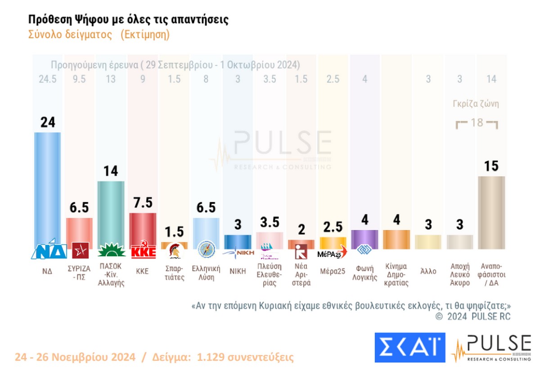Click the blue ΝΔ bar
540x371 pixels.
(47, 189)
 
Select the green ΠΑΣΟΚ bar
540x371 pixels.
(111, 211)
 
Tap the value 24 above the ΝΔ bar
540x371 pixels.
(47, 122)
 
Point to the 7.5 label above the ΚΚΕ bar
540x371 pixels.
(143, 202)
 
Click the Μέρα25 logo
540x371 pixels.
(332, 252)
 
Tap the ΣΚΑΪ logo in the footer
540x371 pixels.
(409, 347)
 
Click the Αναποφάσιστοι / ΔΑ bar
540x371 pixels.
(491, 211)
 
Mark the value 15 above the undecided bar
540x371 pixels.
(491, 166)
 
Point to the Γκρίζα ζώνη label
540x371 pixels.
(476, 104)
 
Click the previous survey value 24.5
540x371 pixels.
(47, 80)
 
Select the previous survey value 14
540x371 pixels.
(491, 80)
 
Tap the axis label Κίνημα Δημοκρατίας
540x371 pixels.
(396, 275)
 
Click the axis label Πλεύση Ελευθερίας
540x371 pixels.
(269, 275)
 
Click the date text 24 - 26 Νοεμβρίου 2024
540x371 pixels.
(75, 358)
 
